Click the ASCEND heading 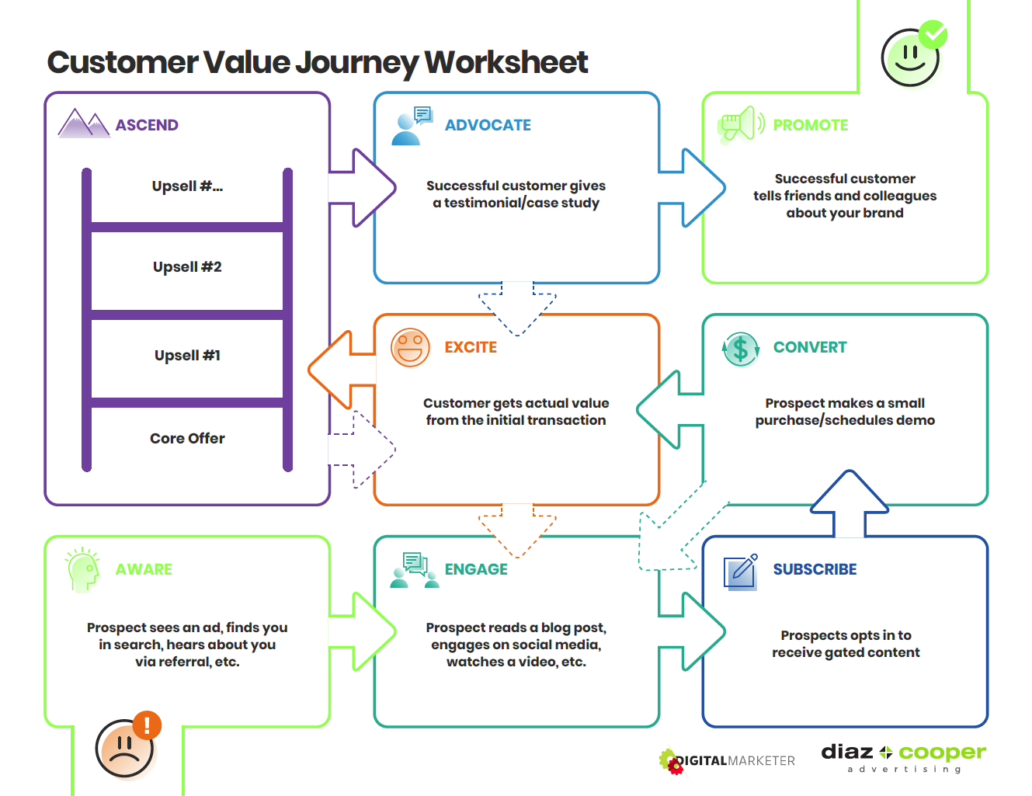[147, 125]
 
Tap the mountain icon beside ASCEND [84, 123]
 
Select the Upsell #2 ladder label [187, 267]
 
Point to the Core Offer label [187, 439]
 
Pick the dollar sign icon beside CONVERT [741, 349]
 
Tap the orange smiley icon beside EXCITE [410, 348]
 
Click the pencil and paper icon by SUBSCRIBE [741, 572]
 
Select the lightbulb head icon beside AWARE [83, 570]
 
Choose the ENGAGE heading [476, 569]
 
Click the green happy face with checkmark [912, 56]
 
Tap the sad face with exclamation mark [127, 746]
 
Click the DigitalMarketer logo [727, 761]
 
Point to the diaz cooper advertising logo [903, 757]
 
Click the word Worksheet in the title [506, 63]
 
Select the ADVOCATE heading [488, 125]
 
